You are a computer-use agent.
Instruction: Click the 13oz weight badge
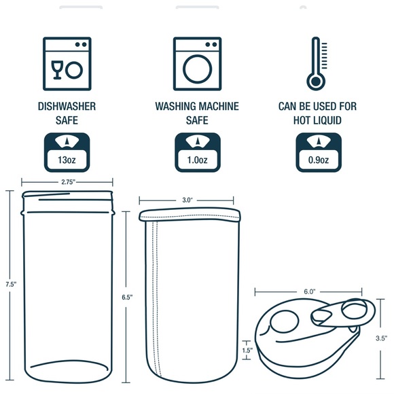(x=67, y=152)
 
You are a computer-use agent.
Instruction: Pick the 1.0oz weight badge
(x=197, y=152)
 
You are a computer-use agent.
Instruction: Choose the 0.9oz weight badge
(x=317, y=152)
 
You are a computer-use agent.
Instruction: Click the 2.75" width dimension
(x=67, y=182)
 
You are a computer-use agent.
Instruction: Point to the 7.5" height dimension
(x=9, y=284)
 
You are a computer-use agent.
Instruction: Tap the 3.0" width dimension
(x=187, y=200)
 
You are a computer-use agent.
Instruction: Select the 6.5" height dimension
(x=127, y=298)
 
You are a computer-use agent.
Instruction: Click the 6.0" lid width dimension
(x=309, y=291)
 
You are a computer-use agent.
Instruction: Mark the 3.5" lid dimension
(x=382, y=338)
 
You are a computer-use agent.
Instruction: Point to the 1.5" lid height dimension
(x=247, y=351)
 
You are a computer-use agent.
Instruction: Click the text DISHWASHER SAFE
(x=67, y=113)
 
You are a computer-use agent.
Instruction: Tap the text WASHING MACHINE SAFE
(x=197, y=113)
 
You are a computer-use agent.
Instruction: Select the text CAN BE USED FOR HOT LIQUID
(x=317, y=113)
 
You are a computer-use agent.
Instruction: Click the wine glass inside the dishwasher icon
(x=56, y=69)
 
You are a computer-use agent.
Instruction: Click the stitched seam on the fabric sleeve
(x=156, y=299)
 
